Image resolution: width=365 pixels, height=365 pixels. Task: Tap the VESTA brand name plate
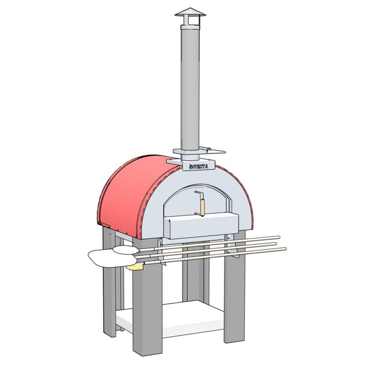click(x=199, y=166)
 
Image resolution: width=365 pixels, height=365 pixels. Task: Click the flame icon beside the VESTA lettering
click(x=191, y=166)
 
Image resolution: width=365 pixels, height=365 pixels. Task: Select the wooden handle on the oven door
click(x=202, y=208)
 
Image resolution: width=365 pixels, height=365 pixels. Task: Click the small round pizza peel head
click(x=126, y=250)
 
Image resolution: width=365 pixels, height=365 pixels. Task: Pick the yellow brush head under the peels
click(x=134, y=268)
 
